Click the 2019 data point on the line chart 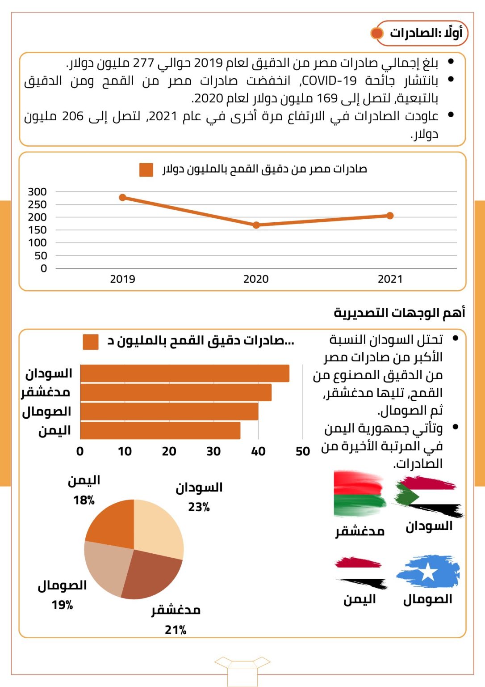pyautogui.click(x=123, y=197)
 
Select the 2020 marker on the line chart pyautogui.click(x=256, y=225)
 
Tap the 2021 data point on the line pyautogui.click(x=390, y=216)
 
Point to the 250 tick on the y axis pyautogui.click(x=37, y=204)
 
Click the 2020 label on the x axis pyautogui.click(x=256, y=279)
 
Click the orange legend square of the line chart pyautogui.click(x=146, y=170)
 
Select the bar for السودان pyautogui.click(x=184, y=373)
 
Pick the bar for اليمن pyautogui.click(x=160, y=431)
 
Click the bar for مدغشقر pyautogui.click(x=176, y=392)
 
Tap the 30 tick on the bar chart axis pyautogui.click(x=213, y=451)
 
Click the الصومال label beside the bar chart pyautogui.click(x=46, y=412)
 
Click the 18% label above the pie pyautogui.click(x=84, y=500)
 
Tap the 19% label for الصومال pyautogui.click(x=62, y=605)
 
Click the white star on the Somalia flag pyautogui.click(x=428, y=572)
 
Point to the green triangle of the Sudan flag pyautogui.click(x=406, y=496)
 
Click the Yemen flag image pyautogui.click(x=360, y=572)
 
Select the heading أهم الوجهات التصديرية pyautogui.click(x=399, y=313)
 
